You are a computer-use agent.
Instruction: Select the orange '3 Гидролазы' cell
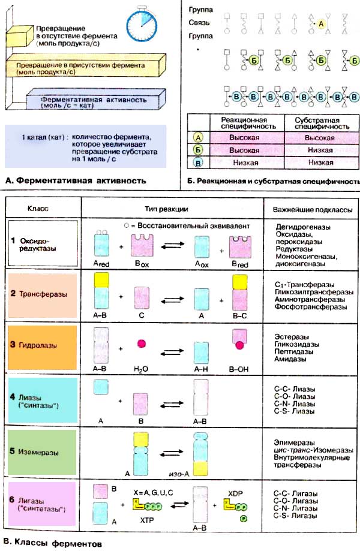pos(42,348)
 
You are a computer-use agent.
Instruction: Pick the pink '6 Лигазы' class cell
pos(42,506)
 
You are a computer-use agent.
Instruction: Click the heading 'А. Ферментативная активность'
pos(74,179)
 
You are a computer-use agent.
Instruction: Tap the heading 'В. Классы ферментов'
pos(49,544)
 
